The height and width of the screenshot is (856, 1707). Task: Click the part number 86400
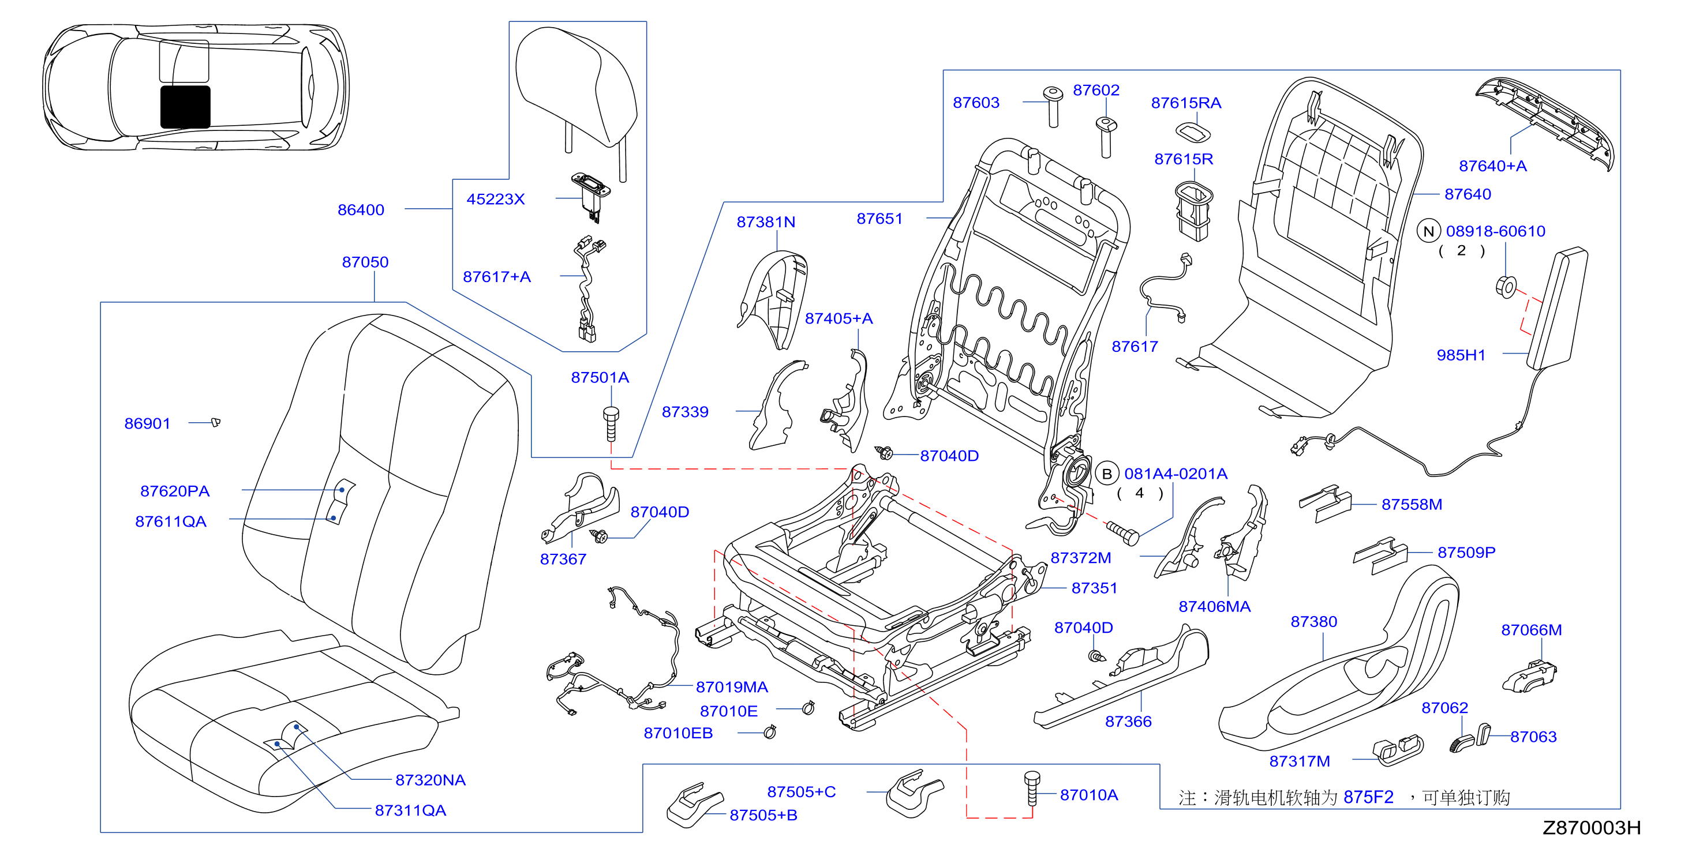(x=361, y=210)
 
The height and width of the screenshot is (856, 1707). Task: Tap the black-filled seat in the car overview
(x=186, y=107)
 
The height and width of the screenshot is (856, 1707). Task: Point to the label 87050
(x=365, y=262)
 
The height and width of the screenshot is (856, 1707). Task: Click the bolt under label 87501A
(x=611, y=424)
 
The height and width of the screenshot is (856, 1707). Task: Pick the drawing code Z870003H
(x=1592, y=828)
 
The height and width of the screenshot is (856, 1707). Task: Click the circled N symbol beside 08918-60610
(x=1429, y=231)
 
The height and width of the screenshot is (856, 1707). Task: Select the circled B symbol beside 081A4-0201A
(x=1107, y=474)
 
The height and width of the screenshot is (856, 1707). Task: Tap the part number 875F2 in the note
(x=1368, y=797)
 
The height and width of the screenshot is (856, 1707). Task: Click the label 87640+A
(x=1492, y=166)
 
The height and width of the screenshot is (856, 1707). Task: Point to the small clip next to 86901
(x=215, y=422)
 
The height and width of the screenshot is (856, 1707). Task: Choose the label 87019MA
(x=732, y=687)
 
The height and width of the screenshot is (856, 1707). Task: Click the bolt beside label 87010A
(x=1032, y=788)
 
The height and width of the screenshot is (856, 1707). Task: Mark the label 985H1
(x=1461, y=355)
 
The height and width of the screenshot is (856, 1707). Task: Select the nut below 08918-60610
(x=1506, y=287)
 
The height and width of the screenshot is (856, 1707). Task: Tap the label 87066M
(x=1532, y=630)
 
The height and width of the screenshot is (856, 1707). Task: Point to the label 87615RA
(x=1185, y=103)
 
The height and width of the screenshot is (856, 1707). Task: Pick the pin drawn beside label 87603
(x=1053, y=107)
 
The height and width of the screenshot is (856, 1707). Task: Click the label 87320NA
(x=430, y=780)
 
